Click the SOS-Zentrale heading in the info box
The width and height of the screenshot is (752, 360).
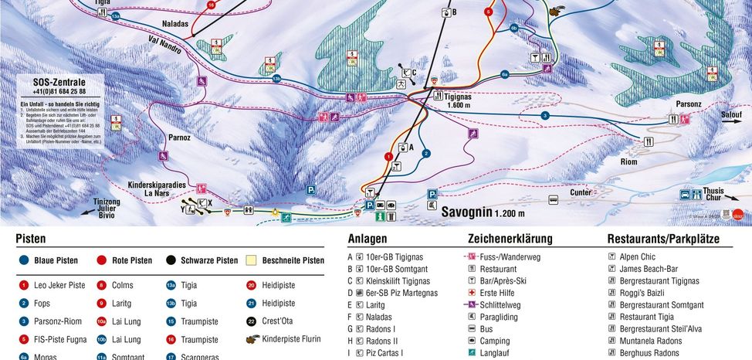pos(59,82)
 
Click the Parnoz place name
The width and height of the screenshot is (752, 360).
pos(179,138)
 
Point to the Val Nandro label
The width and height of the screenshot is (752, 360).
pos(165,47)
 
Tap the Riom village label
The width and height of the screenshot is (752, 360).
pos(628,162)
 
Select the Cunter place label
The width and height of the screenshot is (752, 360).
pos(581,192)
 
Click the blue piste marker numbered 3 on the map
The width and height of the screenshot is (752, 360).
pos(544,115)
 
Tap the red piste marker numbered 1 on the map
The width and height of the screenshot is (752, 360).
pos(388,156)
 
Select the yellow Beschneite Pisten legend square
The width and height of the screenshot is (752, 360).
pos(251,260)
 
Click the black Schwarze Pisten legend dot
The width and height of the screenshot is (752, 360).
pos(170,260)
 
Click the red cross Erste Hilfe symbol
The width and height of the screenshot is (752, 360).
pos(471,293)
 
